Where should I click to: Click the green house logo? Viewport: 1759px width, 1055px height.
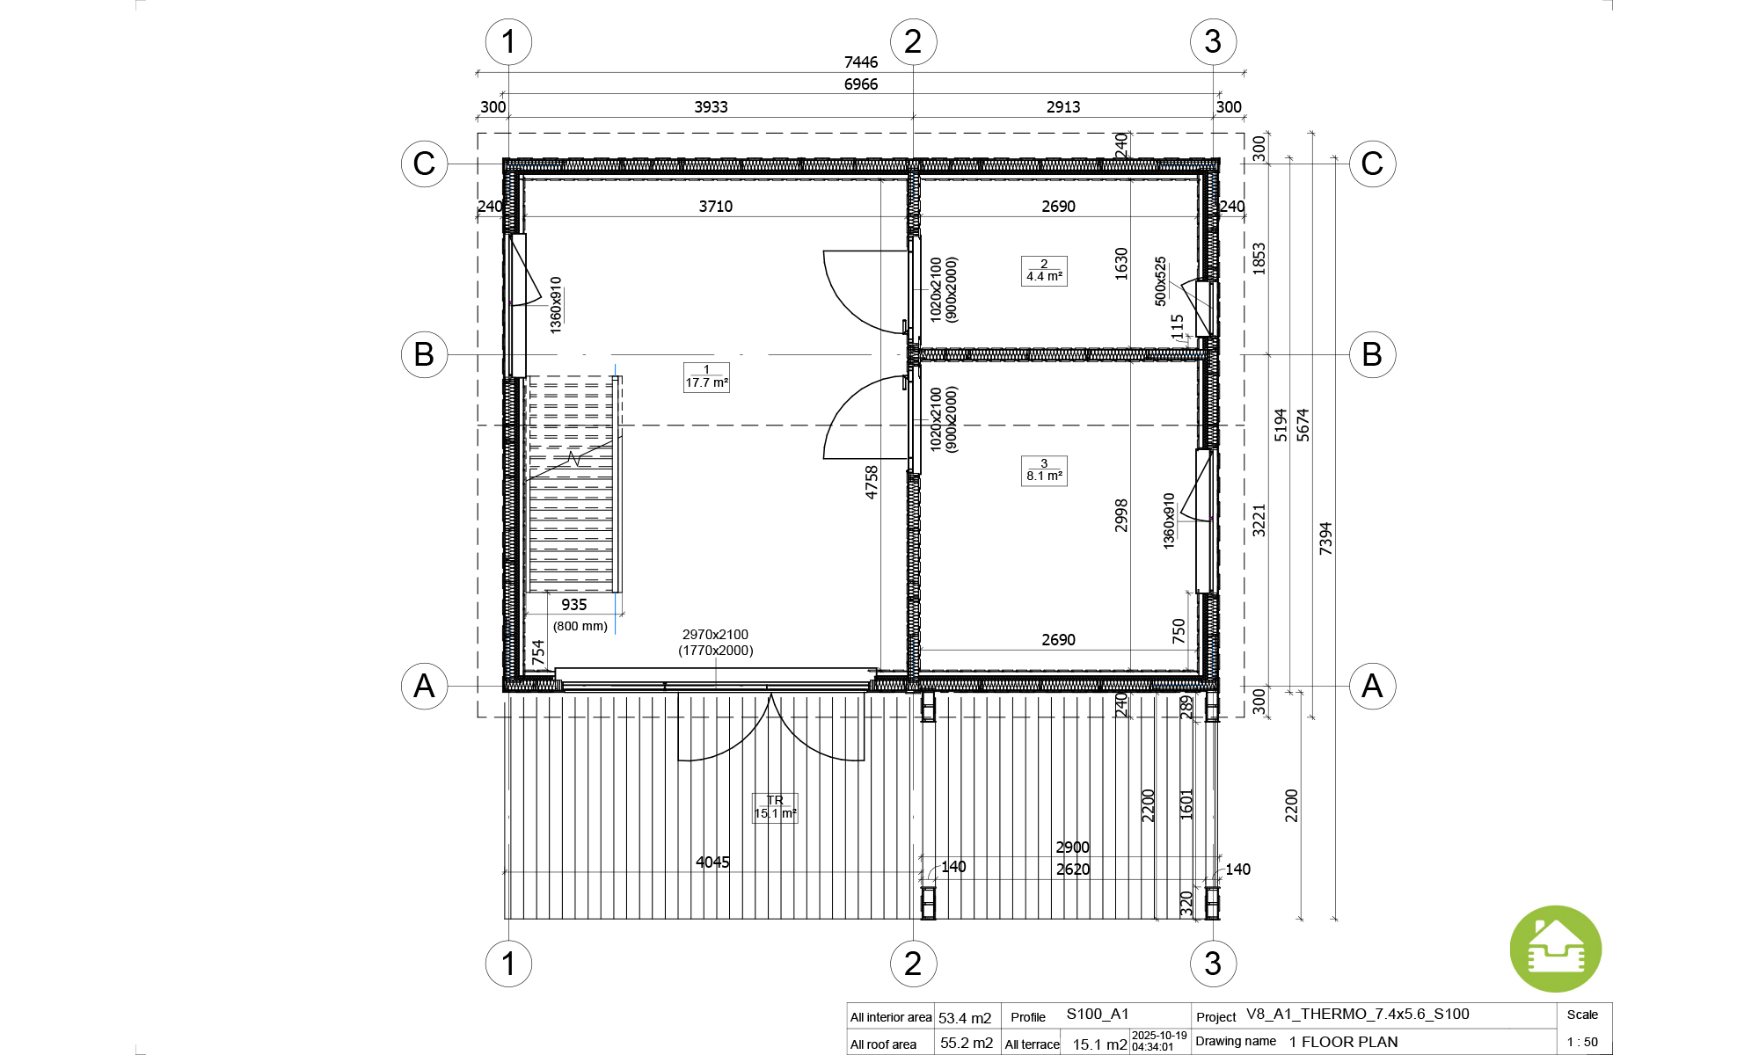[x=1555, y=949]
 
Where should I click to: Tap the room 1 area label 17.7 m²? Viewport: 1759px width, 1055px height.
[x=706, y=377]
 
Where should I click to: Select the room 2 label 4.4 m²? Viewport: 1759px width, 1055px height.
[x=1044, y=271]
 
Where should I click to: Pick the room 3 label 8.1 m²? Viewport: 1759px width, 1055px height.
[x=1044, y=470]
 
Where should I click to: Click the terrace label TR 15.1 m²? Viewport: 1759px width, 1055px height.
[x=775, y=807]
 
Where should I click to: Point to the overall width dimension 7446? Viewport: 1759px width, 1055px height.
[x=861, y=62]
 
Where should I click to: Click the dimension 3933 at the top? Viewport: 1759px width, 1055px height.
[x=712, y=107]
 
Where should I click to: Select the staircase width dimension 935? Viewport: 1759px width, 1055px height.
[x=574, y=605]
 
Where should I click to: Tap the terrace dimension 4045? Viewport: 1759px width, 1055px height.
[x=712, y=862]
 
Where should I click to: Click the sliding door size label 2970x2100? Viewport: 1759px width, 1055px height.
[x=715, y=635]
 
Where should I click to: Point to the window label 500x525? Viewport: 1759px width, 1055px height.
[x=1161, y=281]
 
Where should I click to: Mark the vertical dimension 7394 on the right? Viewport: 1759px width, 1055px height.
[x=1325, y=538]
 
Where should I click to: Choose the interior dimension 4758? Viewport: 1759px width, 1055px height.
[x=872, y=482]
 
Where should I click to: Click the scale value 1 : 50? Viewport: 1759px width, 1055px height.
[x=1582, y=1042]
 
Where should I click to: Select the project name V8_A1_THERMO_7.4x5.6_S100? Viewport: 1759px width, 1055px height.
[x=1358, y=1014]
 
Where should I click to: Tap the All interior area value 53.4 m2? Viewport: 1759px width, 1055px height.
[x=965, y=1018]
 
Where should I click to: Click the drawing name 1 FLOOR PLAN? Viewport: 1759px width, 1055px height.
[x=1344, y=1042]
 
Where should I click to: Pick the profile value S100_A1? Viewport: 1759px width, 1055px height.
[x=1098, y=1014]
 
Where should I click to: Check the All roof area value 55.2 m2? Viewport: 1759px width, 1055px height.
[x=967, y=1043]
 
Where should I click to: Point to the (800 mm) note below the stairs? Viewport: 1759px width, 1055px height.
[x=580, y=626]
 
